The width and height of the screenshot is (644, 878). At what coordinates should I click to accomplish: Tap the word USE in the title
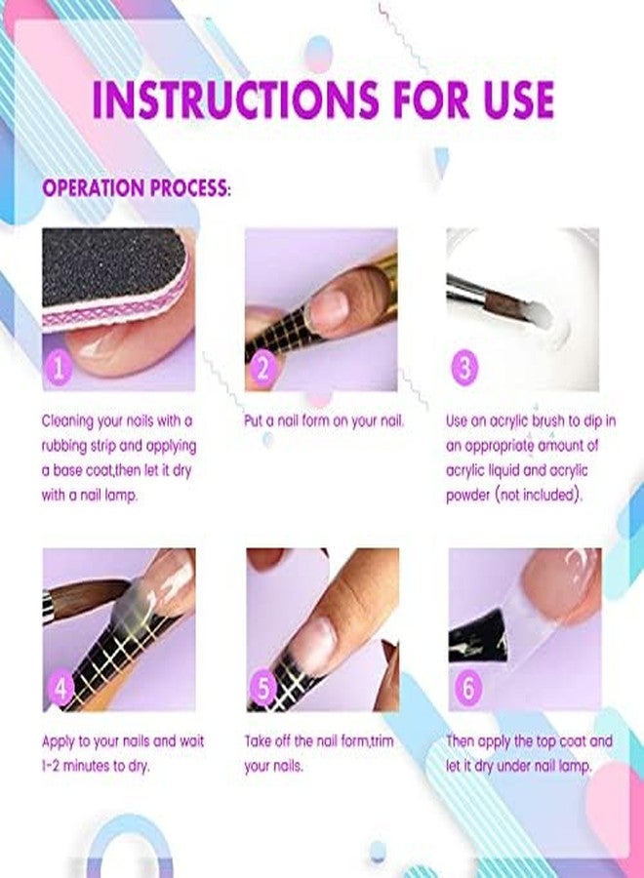[514, 100]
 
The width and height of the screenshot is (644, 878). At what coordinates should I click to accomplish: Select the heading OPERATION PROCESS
[136, 187]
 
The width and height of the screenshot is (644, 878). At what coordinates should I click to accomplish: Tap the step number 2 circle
[262, 368]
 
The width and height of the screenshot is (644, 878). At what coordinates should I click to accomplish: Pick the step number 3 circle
[465, 368]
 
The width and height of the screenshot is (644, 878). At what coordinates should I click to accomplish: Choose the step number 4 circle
[60, 688]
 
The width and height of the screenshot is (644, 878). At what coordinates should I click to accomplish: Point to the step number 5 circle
[262, 688]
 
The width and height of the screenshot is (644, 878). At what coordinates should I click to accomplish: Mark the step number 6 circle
[468, 688]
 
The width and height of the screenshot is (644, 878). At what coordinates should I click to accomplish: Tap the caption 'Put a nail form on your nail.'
[324, 421]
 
